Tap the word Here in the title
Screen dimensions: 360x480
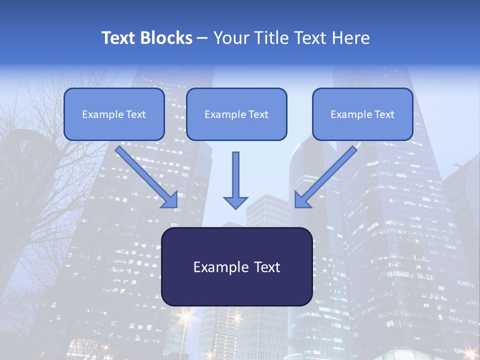(x=350, y=38)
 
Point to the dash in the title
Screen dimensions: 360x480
(x=202, y=38)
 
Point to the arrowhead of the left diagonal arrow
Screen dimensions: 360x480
(x=170, y=200)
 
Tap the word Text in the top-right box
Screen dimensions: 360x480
(x=383, y=114)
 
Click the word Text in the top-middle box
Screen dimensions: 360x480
(x=258, y=114)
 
